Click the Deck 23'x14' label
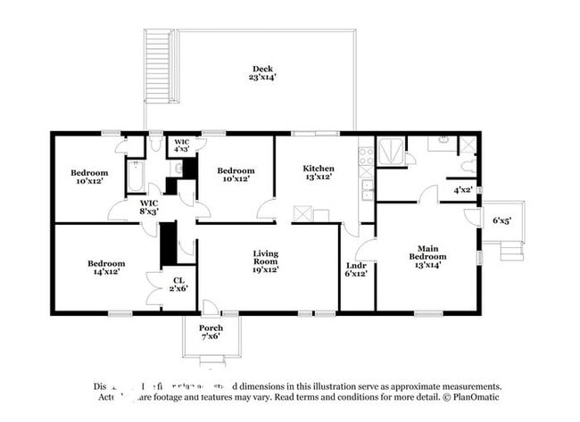262,73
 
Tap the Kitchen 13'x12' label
319,173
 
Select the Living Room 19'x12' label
266,260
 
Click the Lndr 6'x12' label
355,269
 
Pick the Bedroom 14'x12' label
106,268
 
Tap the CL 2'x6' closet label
178,285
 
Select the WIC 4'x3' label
181,146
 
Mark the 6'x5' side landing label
502,219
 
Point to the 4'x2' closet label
463,190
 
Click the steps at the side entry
510,250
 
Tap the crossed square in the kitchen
302,214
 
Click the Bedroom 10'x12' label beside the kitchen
236,175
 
